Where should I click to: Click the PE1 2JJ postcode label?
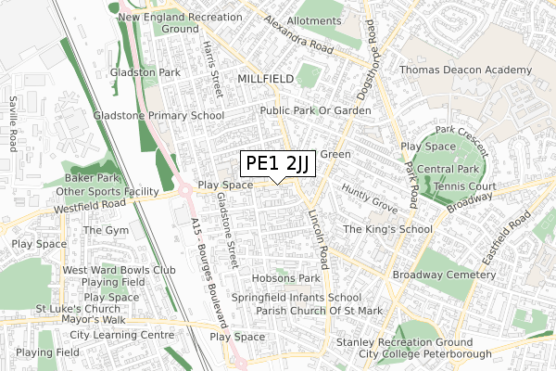279,163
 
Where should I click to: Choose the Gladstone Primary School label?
158,116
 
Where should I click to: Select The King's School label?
387,229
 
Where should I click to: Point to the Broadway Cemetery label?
445,275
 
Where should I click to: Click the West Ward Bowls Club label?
119,270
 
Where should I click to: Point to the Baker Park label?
92,177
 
